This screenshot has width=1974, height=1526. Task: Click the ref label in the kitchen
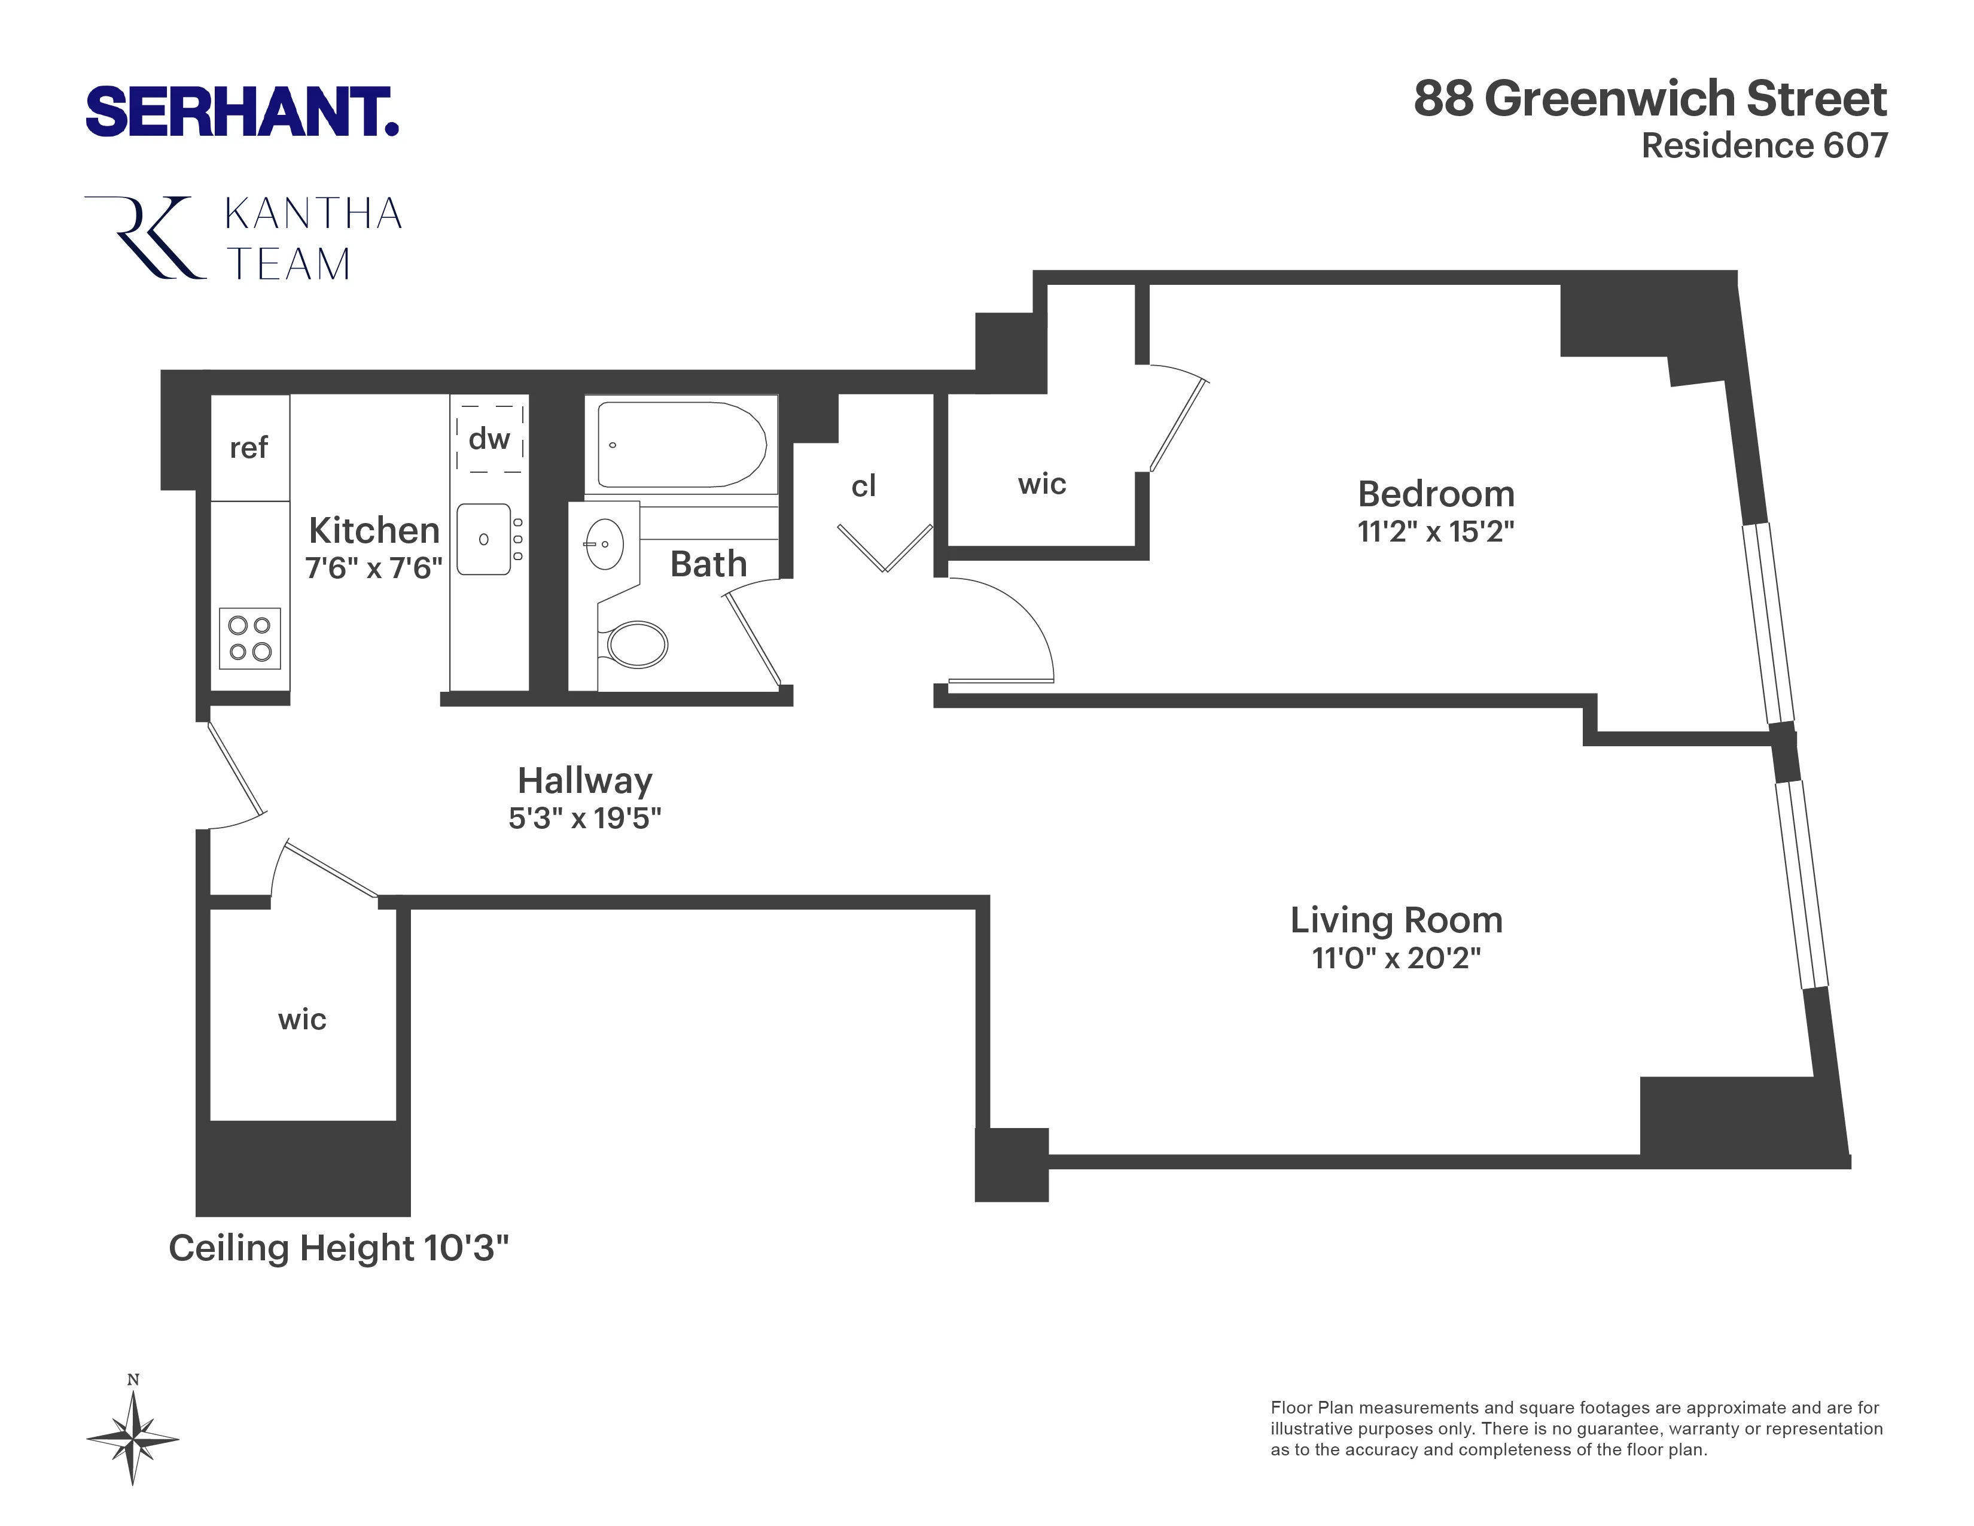(x=249, y=448)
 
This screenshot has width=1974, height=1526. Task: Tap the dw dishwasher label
(x=489, y=439)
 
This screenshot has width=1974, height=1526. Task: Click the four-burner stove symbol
(x=249, y=639)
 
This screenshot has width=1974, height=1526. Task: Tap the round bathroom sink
(x=605, y=543)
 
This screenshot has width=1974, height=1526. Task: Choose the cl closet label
(x=863, y=487)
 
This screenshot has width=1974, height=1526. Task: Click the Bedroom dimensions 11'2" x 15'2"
(x=1435, y=531)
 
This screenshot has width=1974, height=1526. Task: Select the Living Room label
(x=1396, y=920)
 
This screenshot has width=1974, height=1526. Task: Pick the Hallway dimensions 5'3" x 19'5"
(x=585, y=818)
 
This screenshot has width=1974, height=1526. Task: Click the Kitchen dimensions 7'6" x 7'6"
(x=373, y=568)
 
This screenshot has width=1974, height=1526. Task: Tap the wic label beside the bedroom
(x=1041, y=485)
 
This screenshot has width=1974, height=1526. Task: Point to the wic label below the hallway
(x=302, y=1020)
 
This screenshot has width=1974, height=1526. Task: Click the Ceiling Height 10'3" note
(x=339, y=1248)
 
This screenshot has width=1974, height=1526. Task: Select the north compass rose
(x=133, y=1437)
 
